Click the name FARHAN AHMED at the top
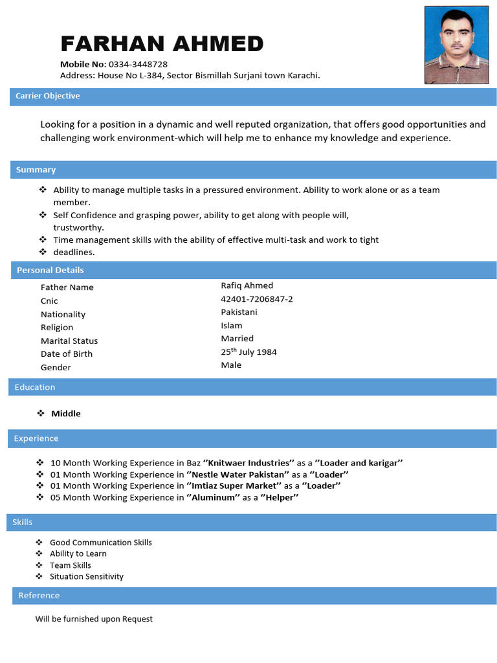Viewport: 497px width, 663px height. pyautogui.click(x=162, y=44)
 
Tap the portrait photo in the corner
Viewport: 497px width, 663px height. pyautogui.click(x=457, y=45)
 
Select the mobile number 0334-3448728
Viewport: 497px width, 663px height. pyautogui.click(x=138, y=64)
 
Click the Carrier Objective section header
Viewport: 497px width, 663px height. pyautogui.click(x=48, y=96)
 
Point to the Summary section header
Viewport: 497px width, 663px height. pyautogui.click(x=36, y=170)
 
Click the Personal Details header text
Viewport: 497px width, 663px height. pyautogui.click(x=50, y=270)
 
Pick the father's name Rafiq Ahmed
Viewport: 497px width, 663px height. pyautogui.click(x=247, y=286)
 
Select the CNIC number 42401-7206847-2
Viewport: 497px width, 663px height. pyautogui.click(x=256, y=299)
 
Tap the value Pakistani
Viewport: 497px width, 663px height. pyautogui.click(x=239, y=312)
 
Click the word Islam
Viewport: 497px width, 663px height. pyautogui.click(x=231, y=326)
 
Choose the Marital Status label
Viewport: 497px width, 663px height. pyautogui.click(x=69, y=341)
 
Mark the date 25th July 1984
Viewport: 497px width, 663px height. pyautogui.click(x=248, y=352)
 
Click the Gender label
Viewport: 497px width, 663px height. pyautogui.click(x=56, y=367)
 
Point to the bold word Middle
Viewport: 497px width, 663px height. pyautogui.click(x=66, y=414)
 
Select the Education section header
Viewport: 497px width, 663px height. pyautogui.click(x=35, y=387)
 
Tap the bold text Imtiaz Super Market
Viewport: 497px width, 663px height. pyautogui.click(x=234, y=486)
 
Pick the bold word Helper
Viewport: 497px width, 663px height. pyautogui.click(x=280, y=497)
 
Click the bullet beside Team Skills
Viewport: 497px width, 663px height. pyautogui.click(x=39, y=565)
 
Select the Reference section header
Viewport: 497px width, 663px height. pyautogui.click(x=39, y=596)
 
